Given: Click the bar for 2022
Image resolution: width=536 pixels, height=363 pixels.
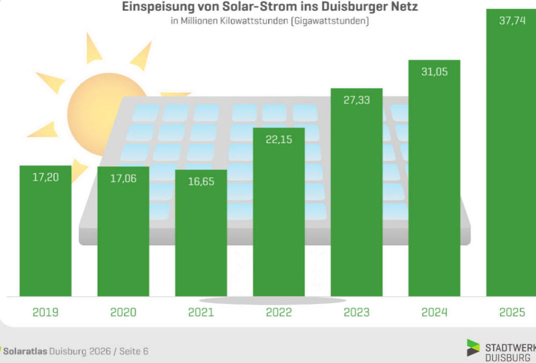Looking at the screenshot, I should coord(279,225).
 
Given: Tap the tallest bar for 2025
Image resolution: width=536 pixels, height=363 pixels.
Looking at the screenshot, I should coord(511,161).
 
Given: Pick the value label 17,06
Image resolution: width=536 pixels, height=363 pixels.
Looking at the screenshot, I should coord(123,179).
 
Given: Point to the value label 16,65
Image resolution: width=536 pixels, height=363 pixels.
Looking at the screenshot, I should coord(201,182).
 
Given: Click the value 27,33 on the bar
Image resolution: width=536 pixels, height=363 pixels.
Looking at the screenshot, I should coord(356,100).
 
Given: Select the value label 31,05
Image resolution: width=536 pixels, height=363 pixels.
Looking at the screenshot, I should coord(434,72).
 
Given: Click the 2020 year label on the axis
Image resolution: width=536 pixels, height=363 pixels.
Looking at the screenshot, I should coord(123,313).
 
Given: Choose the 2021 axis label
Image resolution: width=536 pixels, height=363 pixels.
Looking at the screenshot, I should coord(201,313).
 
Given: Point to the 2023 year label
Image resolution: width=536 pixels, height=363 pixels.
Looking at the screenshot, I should coord(356,313).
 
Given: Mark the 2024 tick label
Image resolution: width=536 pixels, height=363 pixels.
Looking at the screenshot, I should coord(434,313).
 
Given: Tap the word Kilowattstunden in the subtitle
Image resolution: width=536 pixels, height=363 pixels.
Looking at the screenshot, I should coord(257,21).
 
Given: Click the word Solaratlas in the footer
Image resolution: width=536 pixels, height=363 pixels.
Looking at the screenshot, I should coord(25,351).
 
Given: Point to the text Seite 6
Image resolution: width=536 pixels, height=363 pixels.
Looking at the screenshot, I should coord(133,351).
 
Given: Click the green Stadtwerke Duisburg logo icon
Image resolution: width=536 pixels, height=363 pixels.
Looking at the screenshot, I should coord(473,347).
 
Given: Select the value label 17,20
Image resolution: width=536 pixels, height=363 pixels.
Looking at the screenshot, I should coord(46,177).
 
